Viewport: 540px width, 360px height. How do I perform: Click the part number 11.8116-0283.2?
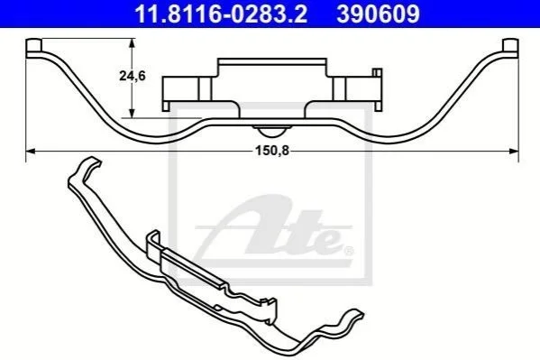(221, 14)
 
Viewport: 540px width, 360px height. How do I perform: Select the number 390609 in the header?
(378, 14)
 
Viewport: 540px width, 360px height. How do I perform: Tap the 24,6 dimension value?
(133, 76)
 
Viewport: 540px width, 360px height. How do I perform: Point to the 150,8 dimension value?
(271, 151)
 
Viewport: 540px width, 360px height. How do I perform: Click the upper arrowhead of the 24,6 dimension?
(132, 43)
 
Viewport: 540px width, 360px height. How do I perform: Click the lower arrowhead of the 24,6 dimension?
(132, 113)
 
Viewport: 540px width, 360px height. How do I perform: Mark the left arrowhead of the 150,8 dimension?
(31, 151)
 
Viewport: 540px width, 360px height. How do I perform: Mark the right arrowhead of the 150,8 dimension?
(514, 151)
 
